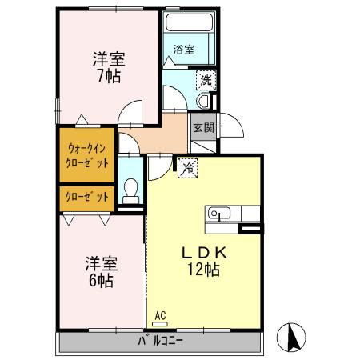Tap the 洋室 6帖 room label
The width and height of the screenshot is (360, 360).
coord(100,271)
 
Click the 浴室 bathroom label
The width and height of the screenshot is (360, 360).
coord(184,50)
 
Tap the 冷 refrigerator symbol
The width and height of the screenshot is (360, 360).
coord(187,168)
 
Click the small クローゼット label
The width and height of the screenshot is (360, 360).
coord(87,197)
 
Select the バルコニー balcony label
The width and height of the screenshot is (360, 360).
coord(160,344)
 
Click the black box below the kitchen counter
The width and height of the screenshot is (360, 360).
coord(250,230)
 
